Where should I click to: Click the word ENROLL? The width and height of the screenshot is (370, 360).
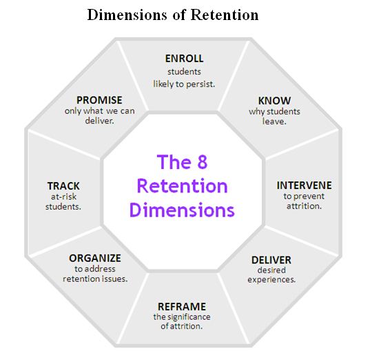(x=185, y=59)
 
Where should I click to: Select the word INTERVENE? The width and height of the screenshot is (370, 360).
(x=304, y=186)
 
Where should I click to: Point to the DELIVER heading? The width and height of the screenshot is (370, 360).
(x=271, y=260)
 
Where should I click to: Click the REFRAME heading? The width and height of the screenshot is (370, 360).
(x=182, y=306)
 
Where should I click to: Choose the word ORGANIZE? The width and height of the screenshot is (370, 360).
(x=95, y=258)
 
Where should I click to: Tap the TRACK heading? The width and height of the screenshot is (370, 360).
(x=63, y=186)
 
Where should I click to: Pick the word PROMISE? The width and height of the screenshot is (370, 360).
(x=99, y=100)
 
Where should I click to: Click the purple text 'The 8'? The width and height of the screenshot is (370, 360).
(x=182, y=162)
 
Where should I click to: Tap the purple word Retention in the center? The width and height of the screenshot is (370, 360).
(x=182, y=186)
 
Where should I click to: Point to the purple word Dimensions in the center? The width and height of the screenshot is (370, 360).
(x=182, y=209)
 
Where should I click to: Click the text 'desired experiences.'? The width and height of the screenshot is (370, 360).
(x=271, y=275)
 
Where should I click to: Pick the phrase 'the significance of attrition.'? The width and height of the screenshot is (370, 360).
(x=182, y=321)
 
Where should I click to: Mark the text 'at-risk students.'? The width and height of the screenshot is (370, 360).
(x=63, y=201)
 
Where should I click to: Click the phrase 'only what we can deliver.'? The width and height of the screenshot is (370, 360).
(x=99, y=115)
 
